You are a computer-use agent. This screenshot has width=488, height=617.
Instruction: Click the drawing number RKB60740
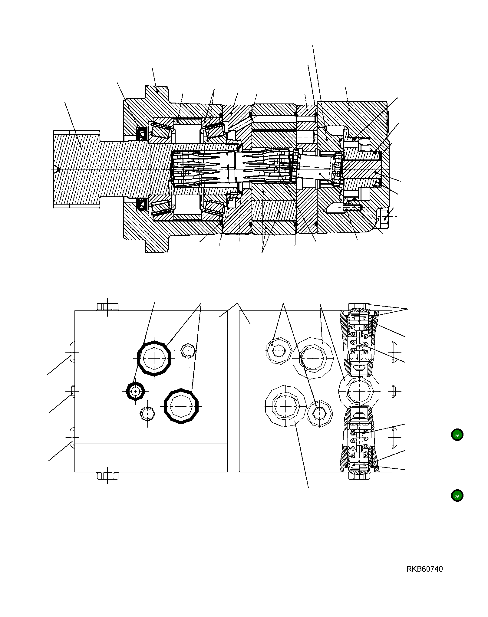424,569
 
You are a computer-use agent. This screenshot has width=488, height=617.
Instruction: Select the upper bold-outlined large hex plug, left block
154,358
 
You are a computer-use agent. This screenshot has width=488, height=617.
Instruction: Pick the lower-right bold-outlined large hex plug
181,406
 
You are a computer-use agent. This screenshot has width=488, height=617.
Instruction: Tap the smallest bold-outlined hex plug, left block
135,391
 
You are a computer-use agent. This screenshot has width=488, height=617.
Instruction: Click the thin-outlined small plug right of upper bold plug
188,351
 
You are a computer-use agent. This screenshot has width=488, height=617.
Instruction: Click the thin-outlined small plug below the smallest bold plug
147,414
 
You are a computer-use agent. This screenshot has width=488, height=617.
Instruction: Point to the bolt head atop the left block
107,307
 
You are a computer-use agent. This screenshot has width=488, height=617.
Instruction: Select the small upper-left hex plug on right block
279,351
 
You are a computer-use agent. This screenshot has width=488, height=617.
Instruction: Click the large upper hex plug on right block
313,358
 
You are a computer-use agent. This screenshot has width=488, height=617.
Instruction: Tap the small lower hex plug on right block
320,413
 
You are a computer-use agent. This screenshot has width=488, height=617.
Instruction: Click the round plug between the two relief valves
359,391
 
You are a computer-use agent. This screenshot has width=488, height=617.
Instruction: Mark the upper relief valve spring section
359,344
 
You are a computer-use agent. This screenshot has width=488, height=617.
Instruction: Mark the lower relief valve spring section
359,439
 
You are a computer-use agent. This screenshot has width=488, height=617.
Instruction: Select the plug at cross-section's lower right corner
384,218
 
